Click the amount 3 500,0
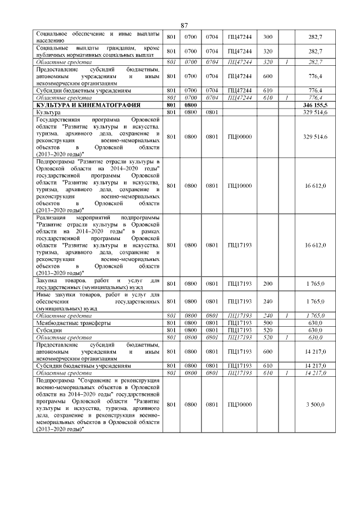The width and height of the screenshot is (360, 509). click(315, 404)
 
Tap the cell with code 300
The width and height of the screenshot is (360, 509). click(268, 37)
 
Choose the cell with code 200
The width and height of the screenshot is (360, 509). click(268, 284)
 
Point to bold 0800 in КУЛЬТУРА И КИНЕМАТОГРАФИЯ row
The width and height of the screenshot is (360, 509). click(191, 105)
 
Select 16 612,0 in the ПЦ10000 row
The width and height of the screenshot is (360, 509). click(315, 186)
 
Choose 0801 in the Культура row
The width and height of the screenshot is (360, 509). click(211, 112)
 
